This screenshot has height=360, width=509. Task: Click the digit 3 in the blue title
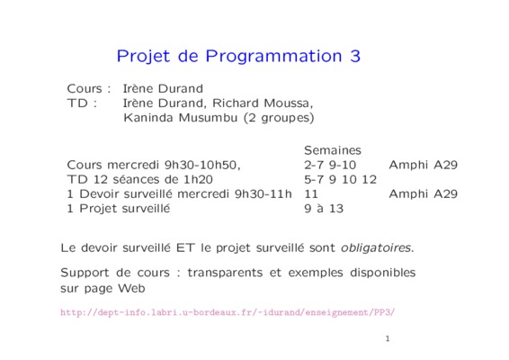pyautogui.click(x=355, y=56)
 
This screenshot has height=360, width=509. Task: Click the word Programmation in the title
pyautogui.click(x=273, y=57)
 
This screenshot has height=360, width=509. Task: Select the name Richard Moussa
pyautogui.click(x=262, y=103)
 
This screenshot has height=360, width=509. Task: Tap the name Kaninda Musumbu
pyautogui.click(x=181, y=117)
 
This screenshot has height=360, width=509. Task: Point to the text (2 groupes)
pyautogui.click(x=279, y=118)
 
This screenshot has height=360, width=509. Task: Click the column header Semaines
pyautogui.click(x=333, y=150)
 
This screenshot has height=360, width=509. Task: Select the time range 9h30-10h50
pyautogui.click(x=202, y=165)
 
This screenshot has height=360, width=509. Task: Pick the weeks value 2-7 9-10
pyautogui.click(x=330, y=165)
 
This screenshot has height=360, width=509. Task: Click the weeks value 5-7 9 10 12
pyautogui.click(x=341, y=179)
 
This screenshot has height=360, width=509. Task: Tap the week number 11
pyautogui.click(x=311, y=194)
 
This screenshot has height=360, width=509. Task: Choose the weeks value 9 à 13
pyautogui.click(x=324, y=208)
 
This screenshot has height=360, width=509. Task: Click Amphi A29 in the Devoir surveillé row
pyautogui.click(x=424, y=194)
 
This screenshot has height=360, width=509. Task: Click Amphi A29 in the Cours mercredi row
pyautogui.click(x=424, y=165)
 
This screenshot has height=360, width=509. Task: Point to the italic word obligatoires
pyautogui.click(x=377, y=247)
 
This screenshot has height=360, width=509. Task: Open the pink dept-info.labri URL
pyautogui.click(x=228, y=312)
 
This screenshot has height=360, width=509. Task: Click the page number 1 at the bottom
pyautogui.click(x=388, y=339)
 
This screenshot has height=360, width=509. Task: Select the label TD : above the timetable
pyautogui.click(x=82, y=103)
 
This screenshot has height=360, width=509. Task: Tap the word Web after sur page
pyautogui.click(x=131, y=288)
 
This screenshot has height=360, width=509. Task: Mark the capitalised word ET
pyautogui.click(x=185, y=247)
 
